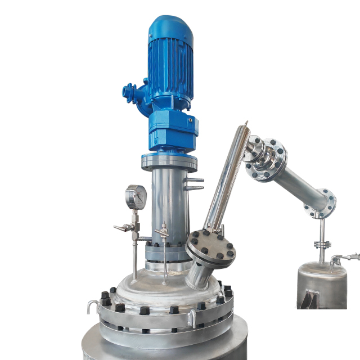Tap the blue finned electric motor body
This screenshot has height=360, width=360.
point(170,62)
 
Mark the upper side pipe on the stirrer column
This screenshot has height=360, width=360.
point(193,181)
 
